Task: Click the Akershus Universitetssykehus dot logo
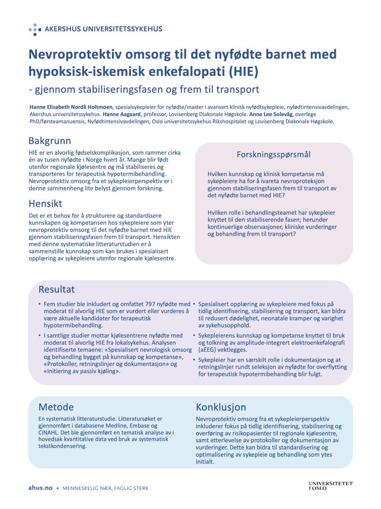pyautogui.click(x=35, y=29)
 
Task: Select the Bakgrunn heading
pyautogui.click(x=50, y=141)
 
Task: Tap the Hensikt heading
pyautogui.click(x=46, y=204)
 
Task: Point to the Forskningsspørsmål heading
pyautogui.click(x=273, y=154)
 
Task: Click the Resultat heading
pyautogui.click(x=56, y=290)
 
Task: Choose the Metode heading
pyautogui.click(x=56, y=407)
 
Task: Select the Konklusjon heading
pyautogui.click(x=221, y=407)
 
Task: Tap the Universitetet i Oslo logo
pyautogui.click(x=331, y=486)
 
